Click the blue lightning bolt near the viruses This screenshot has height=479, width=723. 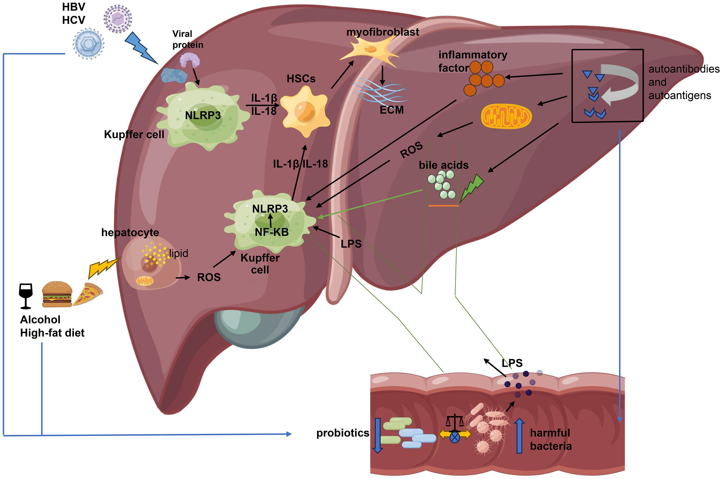tap(141, 48)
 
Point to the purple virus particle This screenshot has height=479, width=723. tap(118, 19)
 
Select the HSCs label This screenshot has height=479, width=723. tap(301, 79)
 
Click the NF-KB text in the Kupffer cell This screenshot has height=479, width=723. tap(272, 232)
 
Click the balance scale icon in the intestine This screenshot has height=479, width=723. tap(455, 422)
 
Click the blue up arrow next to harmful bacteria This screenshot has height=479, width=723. tap(519, 435)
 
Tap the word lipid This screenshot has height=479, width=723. tap(179, 253)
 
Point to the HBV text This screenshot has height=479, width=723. tap(74, 7)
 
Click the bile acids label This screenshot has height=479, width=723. tap(444, 165)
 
